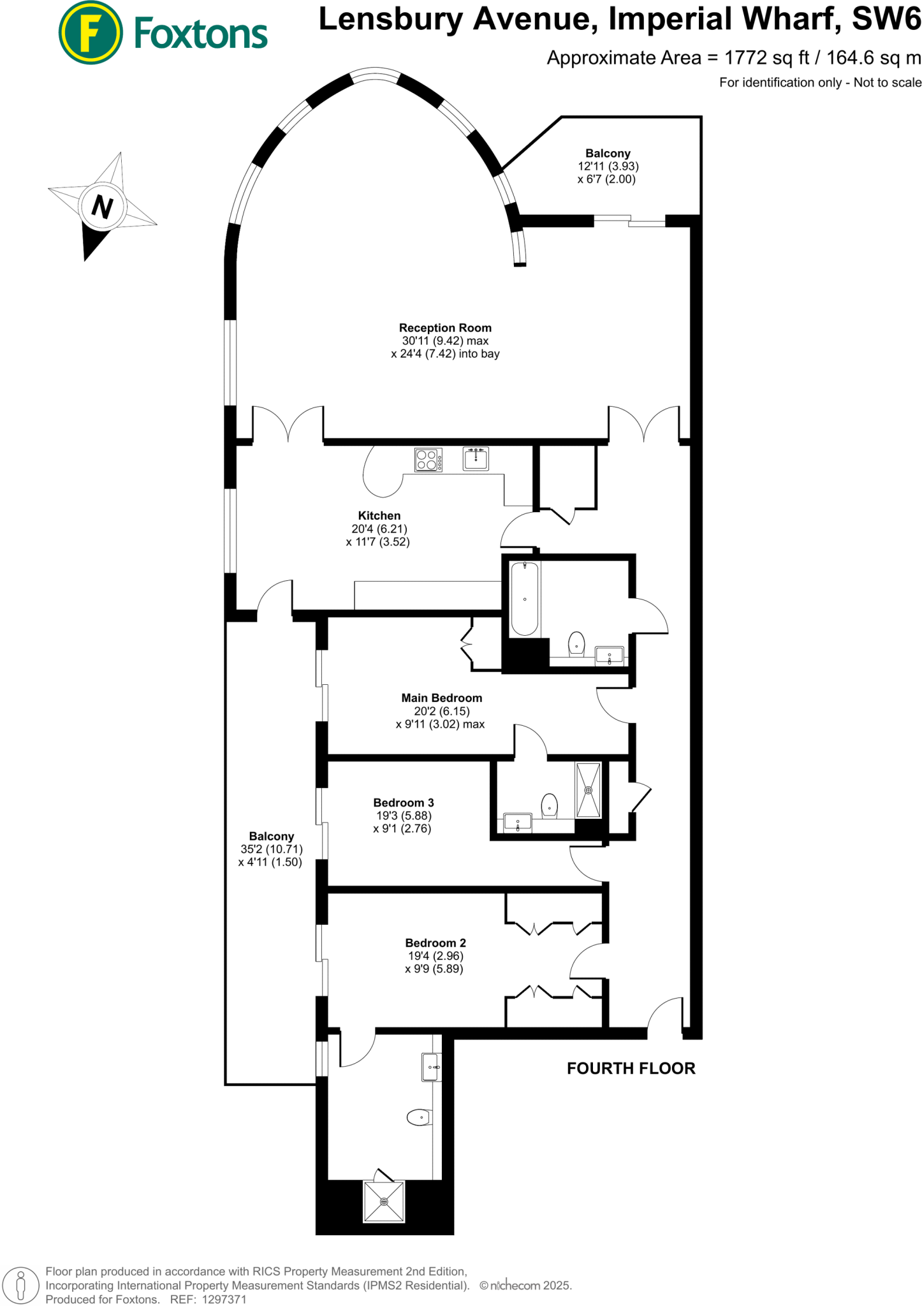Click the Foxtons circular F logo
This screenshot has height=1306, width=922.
click(x=91, y=33)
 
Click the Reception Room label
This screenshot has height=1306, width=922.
click(x=445, y=328)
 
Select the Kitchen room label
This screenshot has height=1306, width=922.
click(x=379, y=515)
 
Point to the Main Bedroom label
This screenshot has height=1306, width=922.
click(x=441, y=698)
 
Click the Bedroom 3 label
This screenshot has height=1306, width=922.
click(x=404, y=802)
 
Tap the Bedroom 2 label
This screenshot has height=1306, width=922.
click(x=435, y=943)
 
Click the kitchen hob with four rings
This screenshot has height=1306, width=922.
click(x=428, y=460)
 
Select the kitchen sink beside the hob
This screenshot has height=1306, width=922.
click(x=476, y=459)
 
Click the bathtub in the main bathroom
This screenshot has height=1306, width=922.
click(x=525, y=599)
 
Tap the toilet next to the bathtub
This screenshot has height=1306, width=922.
click(x=576, y=643)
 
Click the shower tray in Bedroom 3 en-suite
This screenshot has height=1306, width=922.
click(x=589, y=789)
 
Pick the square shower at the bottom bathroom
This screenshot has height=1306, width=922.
click(x=384, y=1201)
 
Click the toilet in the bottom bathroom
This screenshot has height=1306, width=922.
click(x=420, y=1117)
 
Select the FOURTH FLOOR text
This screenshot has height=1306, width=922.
click(x=631, y=1068)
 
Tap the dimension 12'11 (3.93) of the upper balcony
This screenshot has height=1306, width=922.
click(x=608, y=166)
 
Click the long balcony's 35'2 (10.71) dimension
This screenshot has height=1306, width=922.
click(x=272, y=849)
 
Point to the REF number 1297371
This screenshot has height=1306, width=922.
click(x=224, y=1299)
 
